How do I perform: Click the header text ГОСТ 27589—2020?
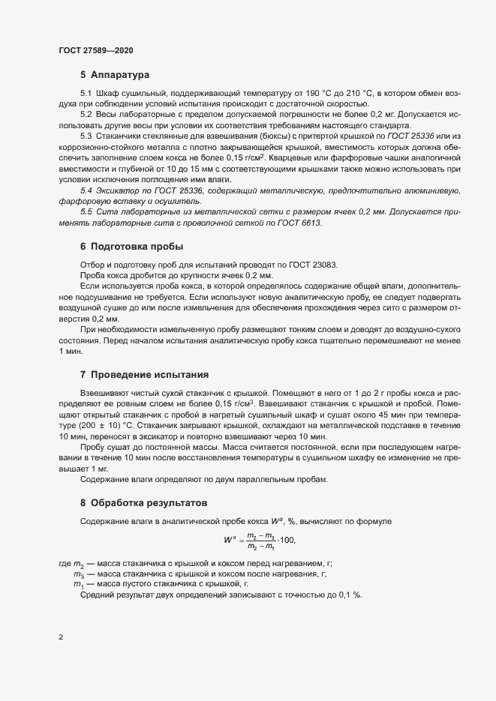tap(96, 50)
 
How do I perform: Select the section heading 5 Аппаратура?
tap(116, 76)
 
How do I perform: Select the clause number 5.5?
tap(86, 212)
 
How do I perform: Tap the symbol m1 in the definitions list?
tap(77, 584)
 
